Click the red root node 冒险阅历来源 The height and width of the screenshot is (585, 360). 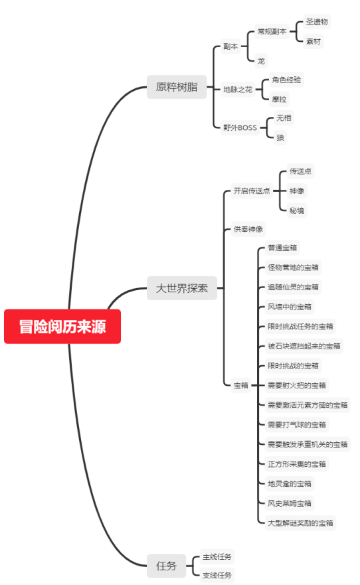tap(62, 327)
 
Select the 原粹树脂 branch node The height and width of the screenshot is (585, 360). tap(176, 87)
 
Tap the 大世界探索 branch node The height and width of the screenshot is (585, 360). tap(181, 288)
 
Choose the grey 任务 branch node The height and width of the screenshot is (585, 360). tap(166, 566)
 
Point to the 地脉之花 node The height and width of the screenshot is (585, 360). tap(238, 89)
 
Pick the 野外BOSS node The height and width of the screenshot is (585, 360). tap(240, 127)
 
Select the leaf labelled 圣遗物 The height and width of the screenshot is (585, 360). tap(317, 22)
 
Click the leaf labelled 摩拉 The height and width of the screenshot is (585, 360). tap(280, 99)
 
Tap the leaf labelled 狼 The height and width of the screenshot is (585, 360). tap(280, 137)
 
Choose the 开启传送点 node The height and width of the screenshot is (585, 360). tap(251, 191)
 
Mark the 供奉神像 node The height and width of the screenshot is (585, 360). tap(248, 229)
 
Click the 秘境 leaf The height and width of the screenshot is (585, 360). tap(297, 210)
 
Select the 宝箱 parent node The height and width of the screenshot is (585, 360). tap(240, 385)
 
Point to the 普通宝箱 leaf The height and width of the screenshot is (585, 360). tap(282, 248)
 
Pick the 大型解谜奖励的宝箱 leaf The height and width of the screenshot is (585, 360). tap(300, 523)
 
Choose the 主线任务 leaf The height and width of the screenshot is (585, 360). tap(217, 556)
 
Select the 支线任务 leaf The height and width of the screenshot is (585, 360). tap(217, 575)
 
